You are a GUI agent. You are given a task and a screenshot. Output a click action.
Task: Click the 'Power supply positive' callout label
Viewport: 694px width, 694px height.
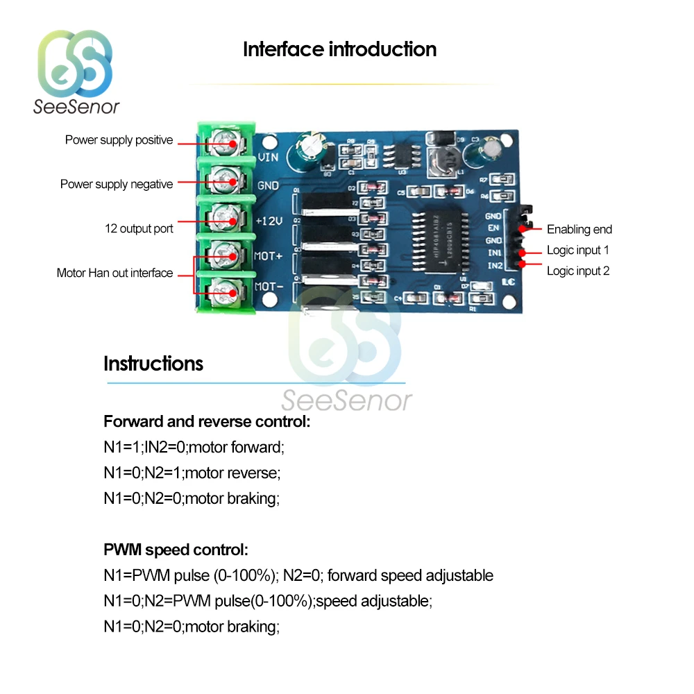(119, 140)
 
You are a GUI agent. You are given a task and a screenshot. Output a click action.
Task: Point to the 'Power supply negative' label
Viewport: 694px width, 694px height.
(117, 184)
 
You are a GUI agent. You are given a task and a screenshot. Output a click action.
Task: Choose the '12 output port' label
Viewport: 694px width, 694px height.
(139, 228)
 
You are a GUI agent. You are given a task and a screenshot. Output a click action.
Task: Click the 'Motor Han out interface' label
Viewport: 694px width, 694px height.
(115, 273)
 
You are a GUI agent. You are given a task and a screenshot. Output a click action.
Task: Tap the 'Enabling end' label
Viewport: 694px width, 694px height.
(579, 229)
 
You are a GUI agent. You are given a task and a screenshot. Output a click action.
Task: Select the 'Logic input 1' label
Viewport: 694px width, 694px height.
(578, 250)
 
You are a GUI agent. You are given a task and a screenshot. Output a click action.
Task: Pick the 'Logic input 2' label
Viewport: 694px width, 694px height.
(578, 271)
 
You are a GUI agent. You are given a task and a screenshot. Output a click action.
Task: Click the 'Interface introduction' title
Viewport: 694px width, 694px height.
(339, 49)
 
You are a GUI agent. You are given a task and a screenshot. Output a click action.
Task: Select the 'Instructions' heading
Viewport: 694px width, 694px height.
(153, 364)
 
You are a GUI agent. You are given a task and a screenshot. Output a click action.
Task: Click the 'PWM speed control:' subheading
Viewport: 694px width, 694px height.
(175, 550)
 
